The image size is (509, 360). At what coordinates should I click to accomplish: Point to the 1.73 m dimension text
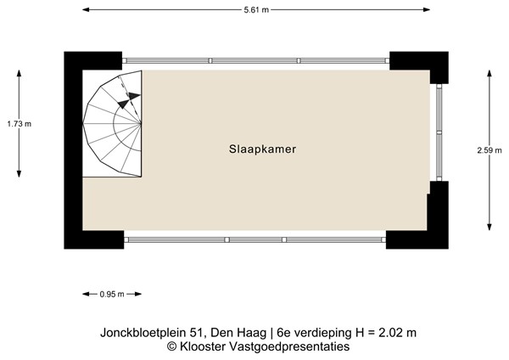coord(19,124)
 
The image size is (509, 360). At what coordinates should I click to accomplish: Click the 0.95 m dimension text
coord(111,295)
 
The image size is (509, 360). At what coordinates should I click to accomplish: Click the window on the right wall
coord(439,132)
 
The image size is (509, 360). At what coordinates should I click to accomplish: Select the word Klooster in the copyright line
coord(202,346)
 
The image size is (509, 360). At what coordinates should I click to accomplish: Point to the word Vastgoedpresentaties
coord(288,346)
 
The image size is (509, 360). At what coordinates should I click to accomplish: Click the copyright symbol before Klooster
coord(171,346)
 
